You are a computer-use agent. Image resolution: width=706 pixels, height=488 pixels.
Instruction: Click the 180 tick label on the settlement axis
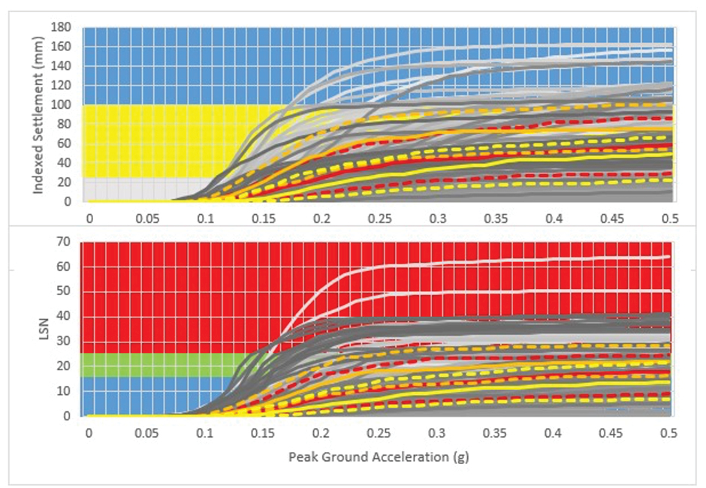[62, 27]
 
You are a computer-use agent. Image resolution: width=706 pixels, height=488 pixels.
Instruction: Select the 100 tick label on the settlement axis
[62, 105]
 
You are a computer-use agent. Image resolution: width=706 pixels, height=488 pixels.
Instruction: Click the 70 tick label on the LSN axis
[65, 242]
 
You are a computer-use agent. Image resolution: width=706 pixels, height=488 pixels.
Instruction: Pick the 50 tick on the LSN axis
[65, 291]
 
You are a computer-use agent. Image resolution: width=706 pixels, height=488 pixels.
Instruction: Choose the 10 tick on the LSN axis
[65, 390]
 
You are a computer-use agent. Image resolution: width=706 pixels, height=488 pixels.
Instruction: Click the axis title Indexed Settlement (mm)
[38, 114]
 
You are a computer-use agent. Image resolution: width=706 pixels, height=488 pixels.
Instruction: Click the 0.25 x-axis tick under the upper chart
[379, 217]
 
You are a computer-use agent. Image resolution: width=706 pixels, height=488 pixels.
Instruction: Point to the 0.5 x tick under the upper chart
[670, 217]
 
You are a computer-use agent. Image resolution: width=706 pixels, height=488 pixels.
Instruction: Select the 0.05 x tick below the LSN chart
[146, 433]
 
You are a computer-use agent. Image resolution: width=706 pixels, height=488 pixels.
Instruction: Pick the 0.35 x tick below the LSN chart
[495, 433]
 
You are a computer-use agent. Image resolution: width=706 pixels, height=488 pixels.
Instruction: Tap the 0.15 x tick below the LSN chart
[263, 433]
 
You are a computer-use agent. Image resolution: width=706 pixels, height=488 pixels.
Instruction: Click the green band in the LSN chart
[150, 365]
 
